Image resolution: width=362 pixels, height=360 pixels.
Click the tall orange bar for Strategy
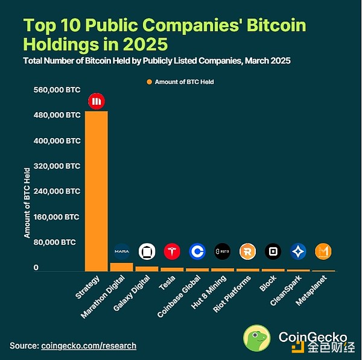click(x=96, y=191)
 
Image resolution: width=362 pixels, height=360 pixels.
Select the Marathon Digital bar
click(x=121, y=267)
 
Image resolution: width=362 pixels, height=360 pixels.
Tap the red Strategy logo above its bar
click(x=96, y=101)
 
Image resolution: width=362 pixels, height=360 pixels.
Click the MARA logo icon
click(x=121, y=251)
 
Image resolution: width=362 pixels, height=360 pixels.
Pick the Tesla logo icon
click(x=172, y=251)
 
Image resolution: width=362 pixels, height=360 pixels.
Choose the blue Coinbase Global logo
click(x=197, y=251)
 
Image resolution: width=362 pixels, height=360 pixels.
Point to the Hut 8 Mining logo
click(x=222, y=251)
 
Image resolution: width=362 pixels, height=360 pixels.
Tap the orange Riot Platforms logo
click(x=247, y=251)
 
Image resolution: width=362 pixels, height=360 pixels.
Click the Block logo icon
click(x=273, y=251)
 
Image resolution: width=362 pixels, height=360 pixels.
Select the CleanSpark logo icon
click(x=298, y=251)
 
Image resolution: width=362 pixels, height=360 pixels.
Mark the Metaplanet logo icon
click(x=323, y=251)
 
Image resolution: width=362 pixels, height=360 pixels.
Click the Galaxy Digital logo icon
click(x=147, y=251)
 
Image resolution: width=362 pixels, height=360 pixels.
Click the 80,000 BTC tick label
click(x=54, y=242)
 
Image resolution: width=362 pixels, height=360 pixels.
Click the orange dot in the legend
click(x=148, y=81)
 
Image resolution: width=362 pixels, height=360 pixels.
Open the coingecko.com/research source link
click(x=89, y=346)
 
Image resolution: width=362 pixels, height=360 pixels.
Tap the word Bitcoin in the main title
click(x=275, y=26)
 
